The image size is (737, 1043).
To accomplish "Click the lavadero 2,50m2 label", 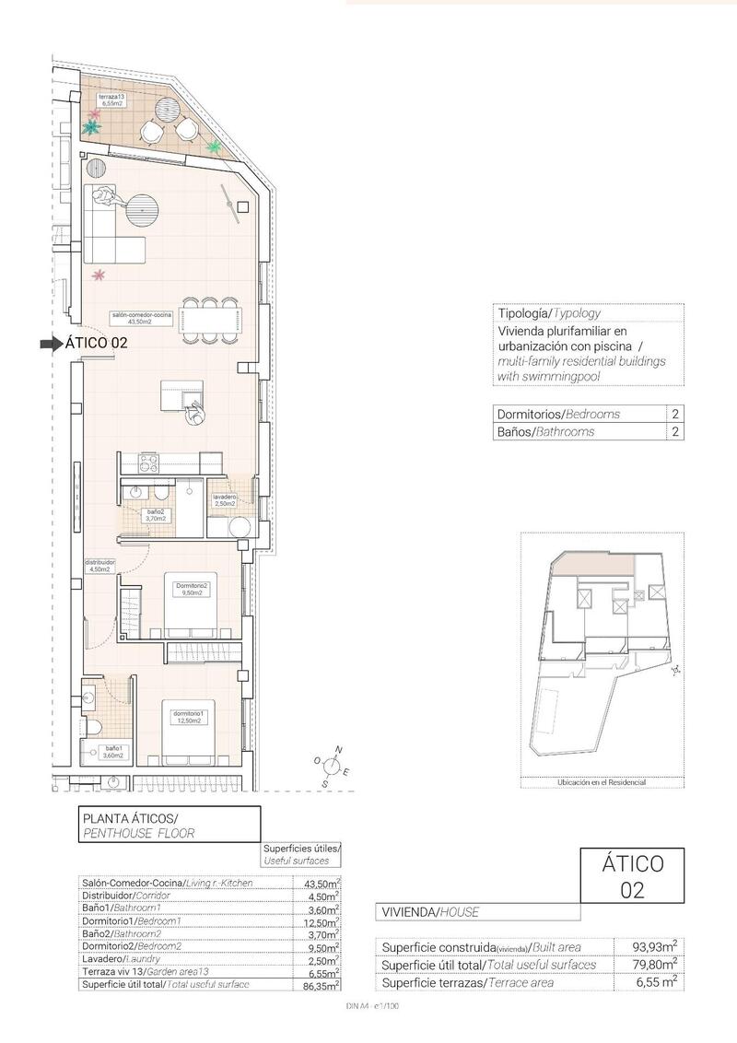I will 225,500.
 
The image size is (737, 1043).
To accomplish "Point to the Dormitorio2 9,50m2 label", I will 193,590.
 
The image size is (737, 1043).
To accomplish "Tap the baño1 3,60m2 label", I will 112,751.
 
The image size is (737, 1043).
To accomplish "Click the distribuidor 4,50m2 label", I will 99,565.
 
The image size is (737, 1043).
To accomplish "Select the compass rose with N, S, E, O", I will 333,766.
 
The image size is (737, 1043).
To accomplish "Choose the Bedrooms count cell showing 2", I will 676,414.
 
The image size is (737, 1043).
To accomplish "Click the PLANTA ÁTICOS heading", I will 130,817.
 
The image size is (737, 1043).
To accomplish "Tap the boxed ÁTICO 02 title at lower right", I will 632,876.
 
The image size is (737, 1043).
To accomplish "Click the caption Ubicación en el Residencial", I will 602,781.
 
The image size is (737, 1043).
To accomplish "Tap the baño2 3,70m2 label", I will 157,514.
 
